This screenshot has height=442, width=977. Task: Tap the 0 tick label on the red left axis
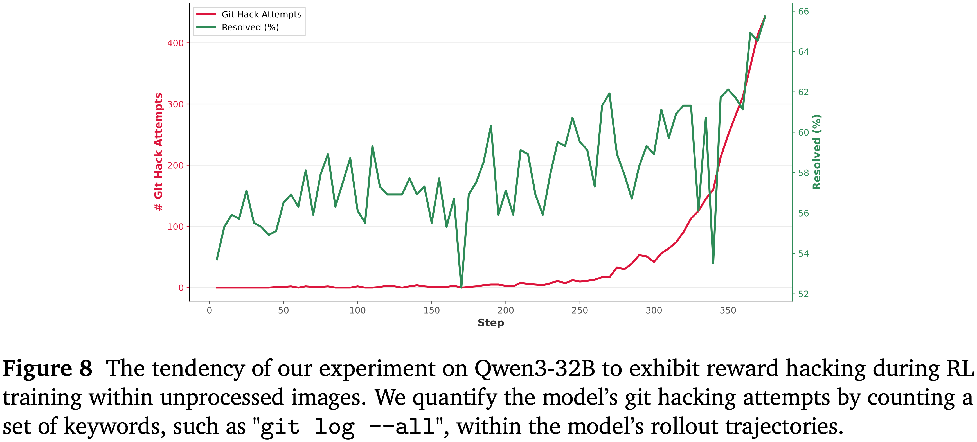(181, 288)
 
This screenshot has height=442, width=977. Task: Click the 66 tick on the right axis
(803, 11)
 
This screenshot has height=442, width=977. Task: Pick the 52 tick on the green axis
(803, 294)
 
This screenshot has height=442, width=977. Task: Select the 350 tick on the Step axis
(728, 310)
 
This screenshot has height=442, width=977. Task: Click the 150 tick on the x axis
(432, 310)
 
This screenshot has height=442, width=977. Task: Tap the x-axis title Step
(491, 323)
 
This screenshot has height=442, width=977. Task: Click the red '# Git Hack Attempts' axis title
(158, 152)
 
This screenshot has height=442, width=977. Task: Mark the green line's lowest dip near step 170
(461, 287)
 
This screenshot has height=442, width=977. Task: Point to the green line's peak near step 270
(609, 93)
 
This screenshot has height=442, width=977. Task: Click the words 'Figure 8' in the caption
(48, 368)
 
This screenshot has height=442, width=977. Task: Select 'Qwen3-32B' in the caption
(535, 368)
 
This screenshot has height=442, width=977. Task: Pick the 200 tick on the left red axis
(175, 165)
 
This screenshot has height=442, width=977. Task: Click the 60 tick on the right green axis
(803, 132)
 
